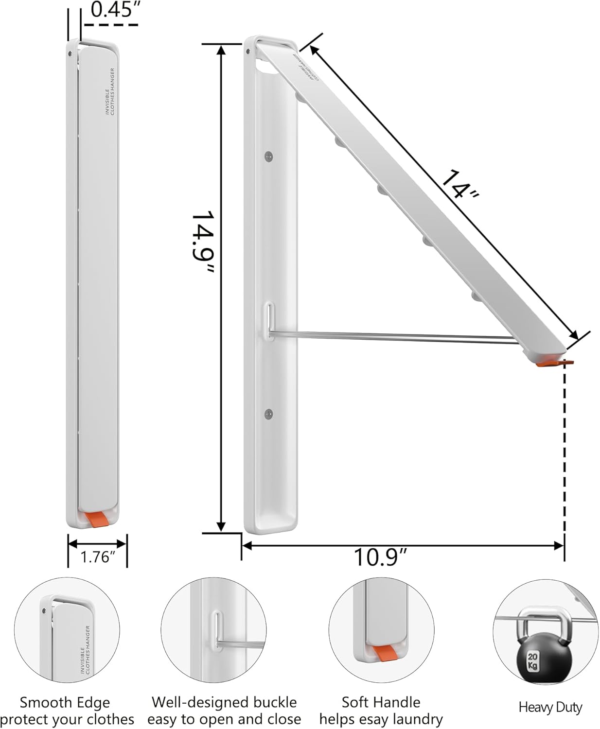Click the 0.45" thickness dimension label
pos(111,10)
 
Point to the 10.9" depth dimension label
pos(380,557)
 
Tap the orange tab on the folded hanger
pos(96,519)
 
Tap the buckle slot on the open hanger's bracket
pos(269,320)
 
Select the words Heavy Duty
pos(550,707)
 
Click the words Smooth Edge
pos(65,702)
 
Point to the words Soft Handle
pos(381,702)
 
